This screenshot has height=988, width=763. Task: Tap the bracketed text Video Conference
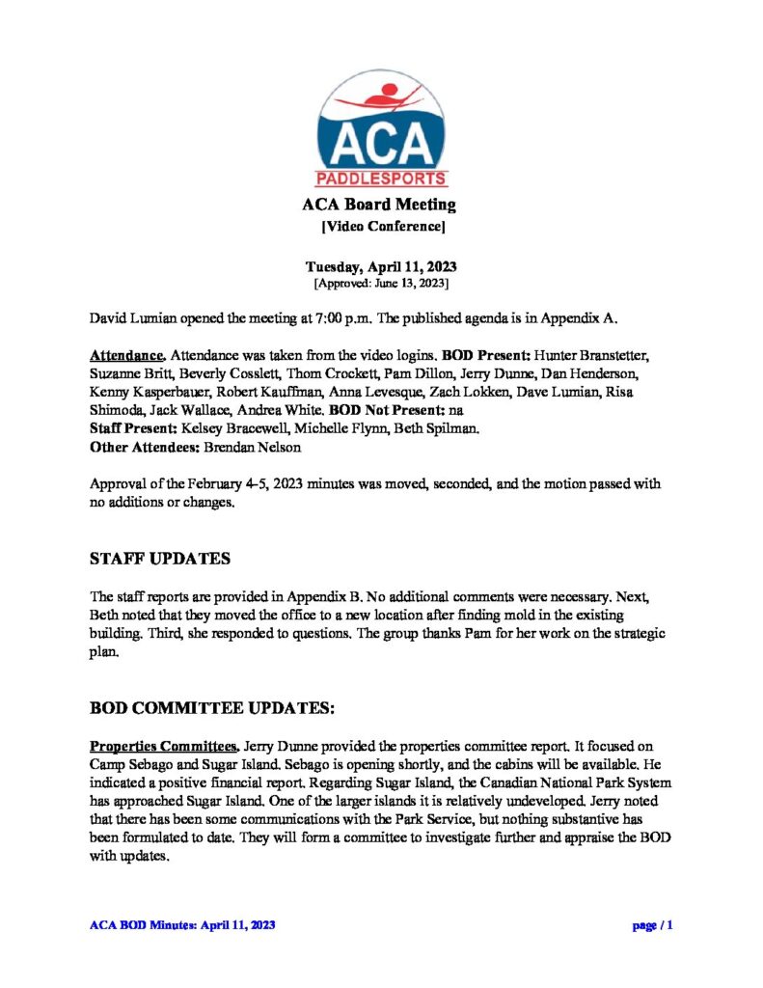(x=382, y=227)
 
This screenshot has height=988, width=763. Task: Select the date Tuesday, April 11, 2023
(x=381, y=267)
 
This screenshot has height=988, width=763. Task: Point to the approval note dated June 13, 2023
(x=381, y=284)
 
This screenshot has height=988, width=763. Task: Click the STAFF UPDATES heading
(x=159, y=559)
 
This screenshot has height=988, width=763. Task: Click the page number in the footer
(x=652, y=925)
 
